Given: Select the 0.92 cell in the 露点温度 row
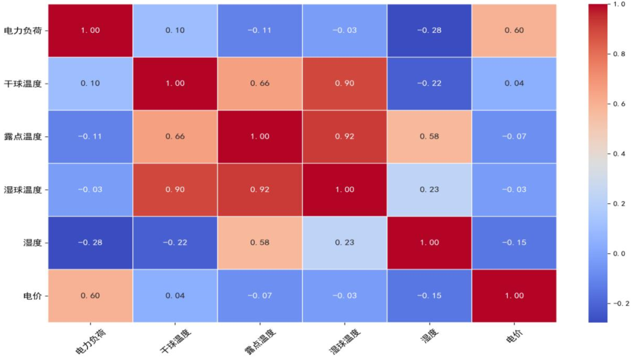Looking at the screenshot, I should coord(345,137).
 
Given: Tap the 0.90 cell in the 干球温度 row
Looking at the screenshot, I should coord(345,84).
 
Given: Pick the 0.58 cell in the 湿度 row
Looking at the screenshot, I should coord(260,243).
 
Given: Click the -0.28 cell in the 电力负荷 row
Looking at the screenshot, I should coord(430,30).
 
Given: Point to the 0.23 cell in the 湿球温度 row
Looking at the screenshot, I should coord(430,189).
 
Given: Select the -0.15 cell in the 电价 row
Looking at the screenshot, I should coord(430,296).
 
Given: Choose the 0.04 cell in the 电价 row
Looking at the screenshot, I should coord(175,296).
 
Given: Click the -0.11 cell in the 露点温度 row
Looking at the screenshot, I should coord(90,137).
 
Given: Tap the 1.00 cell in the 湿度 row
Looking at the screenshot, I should coord(430,243).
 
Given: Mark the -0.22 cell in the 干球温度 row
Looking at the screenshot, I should coord(430,84).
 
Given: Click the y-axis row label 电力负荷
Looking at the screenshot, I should coord(23,30).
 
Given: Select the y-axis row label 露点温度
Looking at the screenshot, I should coord(23,137).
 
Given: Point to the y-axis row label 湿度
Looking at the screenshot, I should coord(33,243).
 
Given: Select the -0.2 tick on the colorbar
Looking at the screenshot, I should coord(620,303).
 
